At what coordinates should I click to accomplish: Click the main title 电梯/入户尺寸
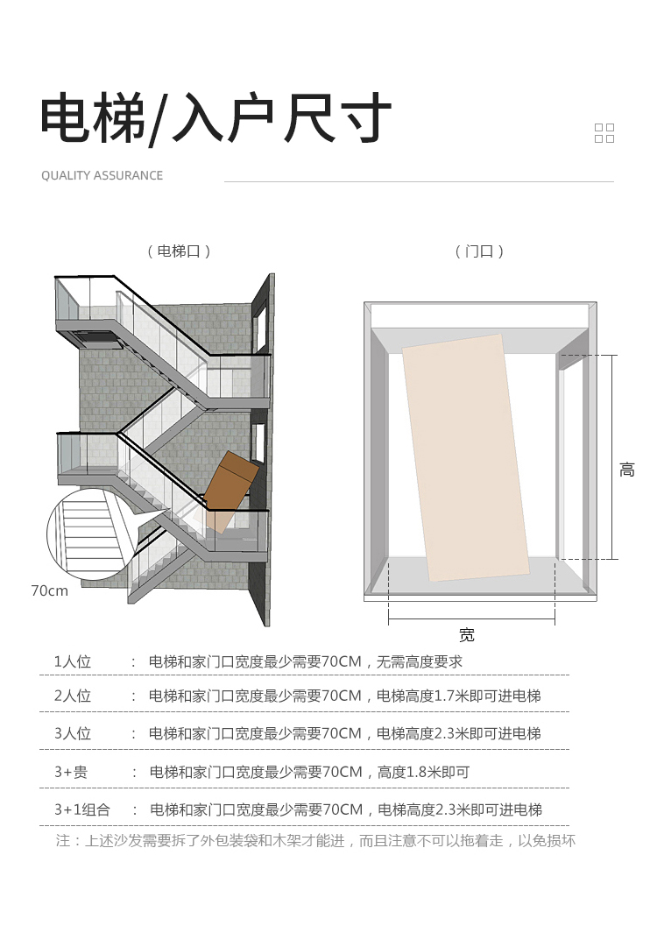(215, 118)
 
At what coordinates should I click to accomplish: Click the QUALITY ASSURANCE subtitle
(102, 176)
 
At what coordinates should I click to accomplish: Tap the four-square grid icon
(604, 133)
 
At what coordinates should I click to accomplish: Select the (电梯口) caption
(180, 251)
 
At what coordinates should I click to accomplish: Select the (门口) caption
(479, 251)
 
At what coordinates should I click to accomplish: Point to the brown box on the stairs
(230, 491)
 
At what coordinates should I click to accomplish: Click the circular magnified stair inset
(90, 534)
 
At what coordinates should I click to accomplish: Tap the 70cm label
(50, 590)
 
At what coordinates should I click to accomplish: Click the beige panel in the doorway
(466, 458)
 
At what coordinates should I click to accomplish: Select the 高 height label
(627, 470)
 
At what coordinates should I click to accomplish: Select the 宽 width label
(467, 634)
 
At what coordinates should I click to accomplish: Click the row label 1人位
(73, 661)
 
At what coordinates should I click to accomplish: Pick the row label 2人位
(73, 696)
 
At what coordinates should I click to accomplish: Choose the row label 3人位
(73, 733)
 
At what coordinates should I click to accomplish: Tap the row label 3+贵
(71, 772)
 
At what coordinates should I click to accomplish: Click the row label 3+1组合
(82, 810)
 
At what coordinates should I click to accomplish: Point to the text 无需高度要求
(419, 661)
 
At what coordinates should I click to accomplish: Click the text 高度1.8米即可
(423, 772)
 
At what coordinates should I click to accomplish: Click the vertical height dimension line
(612, 456)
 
